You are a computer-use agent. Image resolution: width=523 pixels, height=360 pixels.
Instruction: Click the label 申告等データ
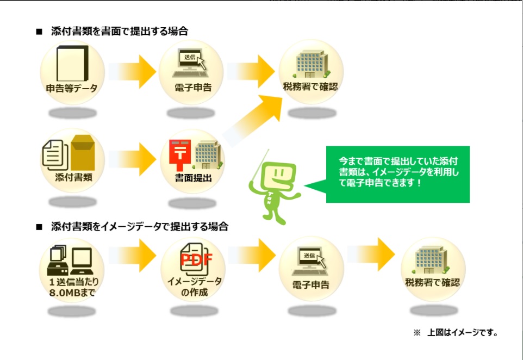tap(72, 88)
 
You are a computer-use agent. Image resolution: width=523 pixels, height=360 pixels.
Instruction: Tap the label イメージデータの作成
tap(194, 287)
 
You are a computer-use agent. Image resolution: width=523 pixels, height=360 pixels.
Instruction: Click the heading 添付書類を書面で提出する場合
tap(119, 32)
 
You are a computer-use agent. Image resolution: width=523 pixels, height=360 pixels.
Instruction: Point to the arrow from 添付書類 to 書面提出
tap(134, 157)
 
